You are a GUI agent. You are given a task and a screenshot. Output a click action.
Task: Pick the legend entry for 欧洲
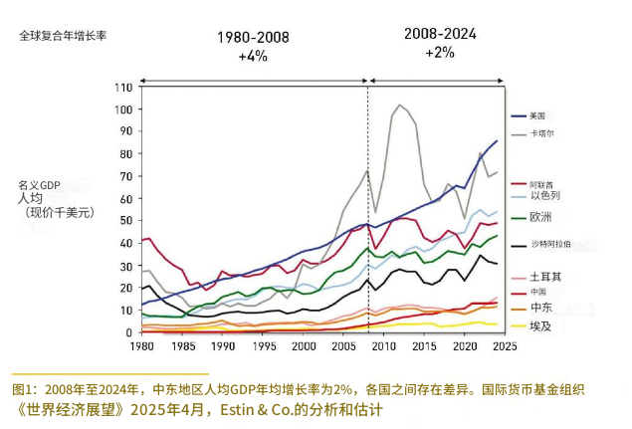540,217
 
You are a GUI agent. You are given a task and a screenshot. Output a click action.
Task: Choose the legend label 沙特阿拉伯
548,244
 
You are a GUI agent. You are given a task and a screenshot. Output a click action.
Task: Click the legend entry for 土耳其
543,276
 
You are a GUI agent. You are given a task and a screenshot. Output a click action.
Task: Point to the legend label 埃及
539,324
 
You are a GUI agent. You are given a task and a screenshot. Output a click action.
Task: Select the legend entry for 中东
539,308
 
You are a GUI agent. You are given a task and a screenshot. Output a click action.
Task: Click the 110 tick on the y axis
124,87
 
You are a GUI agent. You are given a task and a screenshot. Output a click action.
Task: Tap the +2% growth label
440,52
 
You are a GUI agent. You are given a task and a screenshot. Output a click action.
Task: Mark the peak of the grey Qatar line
400,105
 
